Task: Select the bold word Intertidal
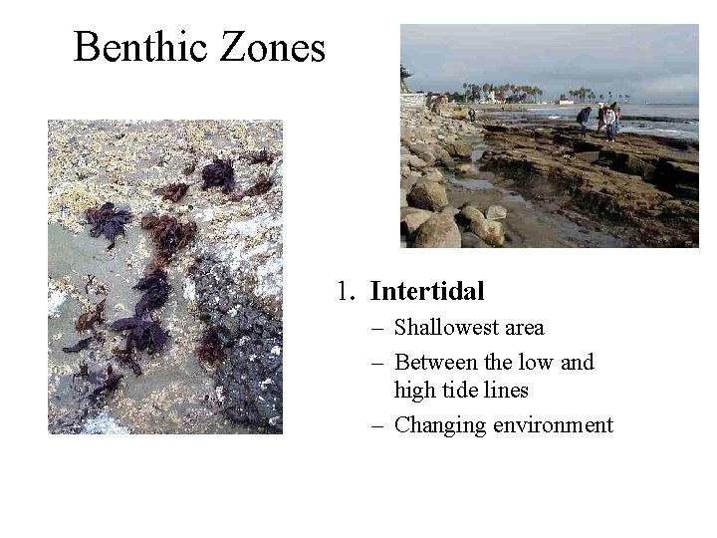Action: (427, 292)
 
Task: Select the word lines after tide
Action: (509, 392)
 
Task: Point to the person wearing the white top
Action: (609, 121)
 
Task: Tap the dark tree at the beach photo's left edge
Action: (405, 76)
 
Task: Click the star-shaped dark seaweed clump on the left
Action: (107, 221)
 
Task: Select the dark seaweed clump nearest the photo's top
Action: (218, 175)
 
